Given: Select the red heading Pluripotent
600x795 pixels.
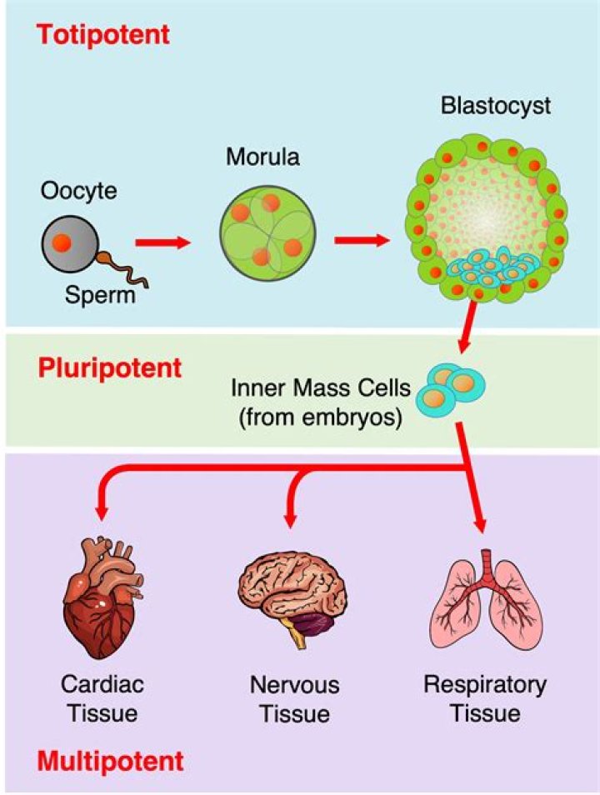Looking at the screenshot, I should [107, 367].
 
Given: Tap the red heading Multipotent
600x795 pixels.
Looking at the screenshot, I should [109, 760].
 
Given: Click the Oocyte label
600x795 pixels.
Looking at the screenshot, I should [79, 192].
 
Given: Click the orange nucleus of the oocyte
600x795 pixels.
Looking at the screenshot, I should [62, 243].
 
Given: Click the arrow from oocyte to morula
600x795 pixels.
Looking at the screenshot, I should [163, 242].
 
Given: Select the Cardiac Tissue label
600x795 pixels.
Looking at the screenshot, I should [102, 698].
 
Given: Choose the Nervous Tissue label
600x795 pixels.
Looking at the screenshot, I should [294, 699].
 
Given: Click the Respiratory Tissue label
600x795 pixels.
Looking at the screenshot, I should [484, 698].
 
